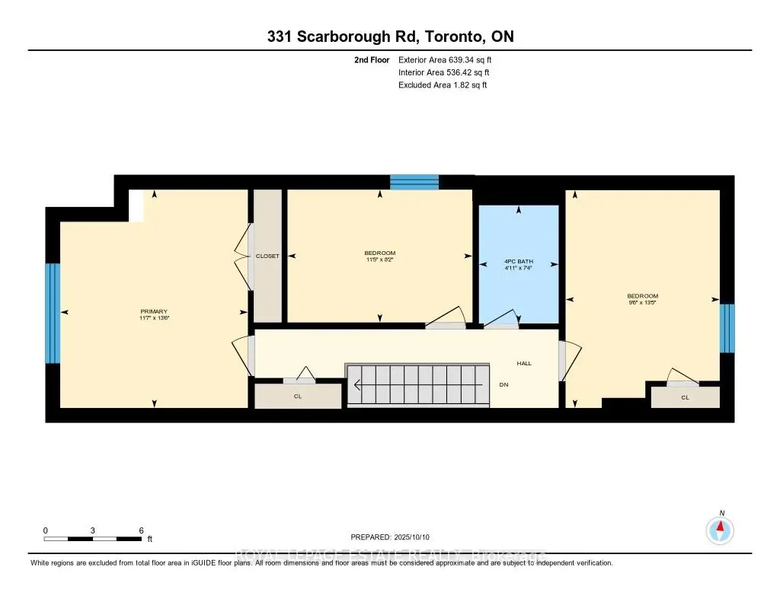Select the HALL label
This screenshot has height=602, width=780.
524,364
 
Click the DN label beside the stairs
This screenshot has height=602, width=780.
503,385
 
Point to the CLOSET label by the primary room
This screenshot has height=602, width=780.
267,256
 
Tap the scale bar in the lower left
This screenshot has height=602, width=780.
93,539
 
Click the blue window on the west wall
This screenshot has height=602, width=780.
52,313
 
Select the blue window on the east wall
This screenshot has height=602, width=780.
727,328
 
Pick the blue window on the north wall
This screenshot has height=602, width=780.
414,182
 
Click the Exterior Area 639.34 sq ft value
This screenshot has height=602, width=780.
450,59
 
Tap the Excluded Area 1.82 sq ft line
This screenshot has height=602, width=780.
443,85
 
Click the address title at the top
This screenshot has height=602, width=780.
390,37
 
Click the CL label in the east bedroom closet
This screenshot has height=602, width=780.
685,397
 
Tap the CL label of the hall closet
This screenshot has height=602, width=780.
297,397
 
